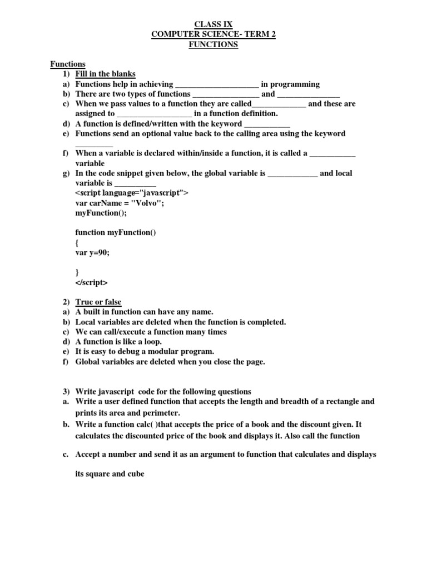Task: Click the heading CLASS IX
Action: coord(213,24)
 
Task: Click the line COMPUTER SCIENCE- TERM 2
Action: coord(213,34)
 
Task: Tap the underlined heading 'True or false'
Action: coord(98,302)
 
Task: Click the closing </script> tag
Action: coord(92,282)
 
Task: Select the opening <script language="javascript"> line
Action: coord(132,193)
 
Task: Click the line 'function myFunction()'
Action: coord(116,232)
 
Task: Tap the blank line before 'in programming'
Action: coord(217,84)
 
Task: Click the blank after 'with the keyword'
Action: coord(267,124)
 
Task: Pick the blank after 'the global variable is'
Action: coord(292,173)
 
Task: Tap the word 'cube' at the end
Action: coord(135,475)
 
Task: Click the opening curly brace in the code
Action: coord(77,243)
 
